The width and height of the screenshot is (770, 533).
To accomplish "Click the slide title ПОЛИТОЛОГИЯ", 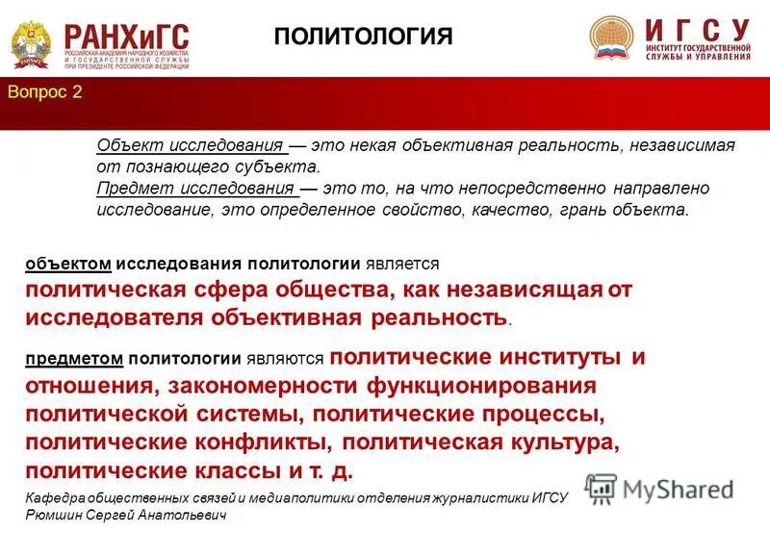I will click(363, 37).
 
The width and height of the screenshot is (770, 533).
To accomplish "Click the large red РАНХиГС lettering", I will click(127, 34).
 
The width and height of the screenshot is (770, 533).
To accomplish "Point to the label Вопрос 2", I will click(45, 92).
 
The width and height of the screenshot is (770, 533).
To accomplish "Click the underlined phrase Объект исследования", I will click(191, 145).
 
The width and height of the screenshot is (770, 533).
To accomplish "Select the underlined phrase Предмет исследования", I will click(195, 189).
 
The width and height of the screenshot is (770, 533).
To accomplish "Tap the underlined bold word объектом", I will click(70, 263).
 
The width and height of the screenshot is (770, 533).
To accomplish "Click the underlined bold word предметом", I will click(75, 359).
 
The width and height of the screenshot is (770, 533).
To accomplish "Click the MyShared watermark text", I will click(678, 489).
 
